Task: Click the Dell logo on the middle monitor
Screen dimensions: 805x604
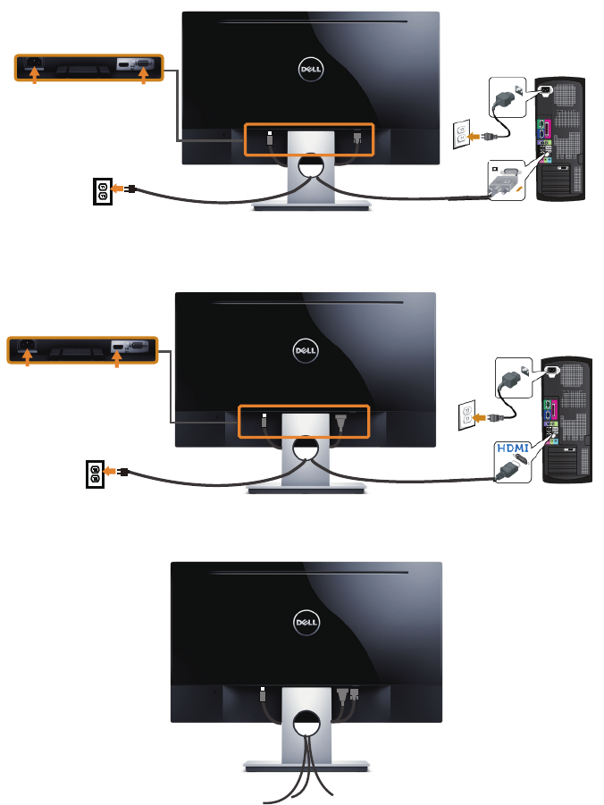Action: tap(306, 348)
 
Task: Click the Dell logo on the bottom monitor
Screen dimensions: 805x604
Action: tap(306, 618)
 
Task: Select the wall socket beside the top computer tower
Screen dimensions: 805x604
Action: tap(462, 137)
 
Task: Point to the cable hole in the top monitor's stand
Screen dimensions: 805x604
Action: tap(312, 164)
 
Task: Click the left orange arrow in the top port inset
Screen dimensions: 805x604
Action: tap(36, 78)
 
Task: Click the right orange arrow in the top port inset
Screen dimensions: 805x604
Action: tap(143, 78)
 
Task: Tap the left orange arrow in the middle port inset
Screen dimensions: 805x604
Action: tap(28, 357)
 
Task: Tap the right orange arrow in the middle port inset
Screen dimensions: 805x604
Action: tap(117, 357)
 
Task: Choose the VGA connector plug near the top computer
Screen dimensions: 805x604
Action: tap(506, 183)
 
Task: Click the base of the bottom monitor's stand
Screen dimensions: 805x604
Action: tap(306, 765)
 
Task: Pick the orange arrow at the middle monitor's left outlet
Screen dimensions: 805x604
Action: tap(112, 472)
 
